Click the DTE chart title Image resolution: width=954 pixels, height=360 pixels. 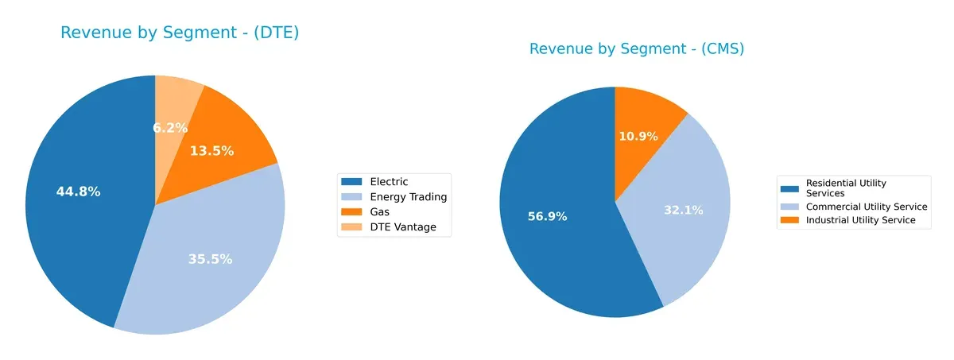click(x=180, y=33)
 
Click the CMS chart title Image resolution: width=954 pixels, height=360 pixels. click(x=637, y=49)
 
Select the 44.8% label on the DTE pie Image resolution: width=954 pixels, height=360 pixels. click(x=78, y=192)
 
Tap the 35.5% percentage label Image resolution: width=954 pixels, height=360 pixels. click(x=210, y=259)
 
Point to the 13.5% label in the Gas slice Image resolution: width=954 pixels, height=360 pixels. click(x=211, y=151)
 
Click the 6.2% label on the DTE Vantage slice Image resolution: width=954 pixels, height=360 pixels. click(x=170, y=127)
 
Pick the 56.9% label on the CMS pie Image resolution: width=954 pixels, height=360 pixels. click(x=547, y=216)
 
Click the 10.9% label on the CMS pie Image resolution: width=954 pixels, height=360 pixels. click(x=638, y=137)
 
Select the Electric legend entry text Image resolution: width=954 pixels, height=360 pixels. click(x=389, y=182)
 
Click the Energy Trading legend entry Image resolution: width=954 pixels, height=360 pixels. click(x=409, y=197)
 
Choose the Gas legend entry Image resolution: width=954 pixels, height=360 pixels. click(x=380, y=212)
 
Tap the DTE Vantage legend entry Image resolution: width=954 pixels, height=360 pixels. click(x=403, y=228)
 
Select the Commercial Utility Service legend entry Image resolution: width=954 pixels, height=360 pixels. click(x=867, y=207)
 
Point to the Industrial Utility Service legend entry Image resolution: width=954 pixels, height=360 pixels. click(x=860, y=220)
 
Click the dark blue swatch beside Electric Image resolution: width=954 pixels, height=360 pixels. click(x=351, y=182)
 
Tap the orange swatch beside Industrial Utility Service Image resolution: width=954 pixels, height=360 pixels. click(x=789, y=220)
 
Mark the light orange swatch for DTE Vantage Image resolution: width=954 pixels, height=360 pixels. click(x=351, y=228)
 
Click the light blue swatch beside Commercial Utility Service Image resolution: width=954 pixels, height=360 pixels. click(x=789, y=207)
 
